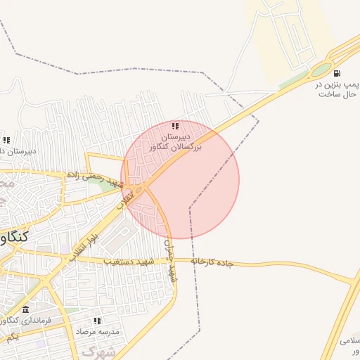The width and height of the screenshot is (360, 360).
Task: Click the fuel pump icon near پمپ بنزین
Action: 337,74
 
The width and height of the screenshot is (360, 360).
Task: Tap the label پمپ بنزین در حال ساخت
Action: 337,89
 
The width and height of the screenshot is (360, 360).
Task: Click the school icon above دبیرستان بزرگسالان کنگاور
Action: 176,126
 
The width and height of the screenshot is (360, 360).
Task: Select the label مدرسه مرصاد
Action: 98,330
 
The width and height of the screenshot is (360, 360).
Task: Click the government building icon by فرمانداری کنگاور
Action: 26,310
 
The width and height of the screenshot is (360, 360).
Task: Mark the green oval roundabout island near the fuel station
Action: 321,70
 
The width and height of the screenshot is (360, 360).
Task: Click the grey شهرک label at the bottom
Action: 98,351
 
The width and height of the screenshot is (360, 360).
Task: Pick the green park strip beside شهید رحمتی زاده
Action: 105,185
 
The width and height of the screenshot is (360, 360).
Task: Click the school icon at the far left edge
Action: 6,141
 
